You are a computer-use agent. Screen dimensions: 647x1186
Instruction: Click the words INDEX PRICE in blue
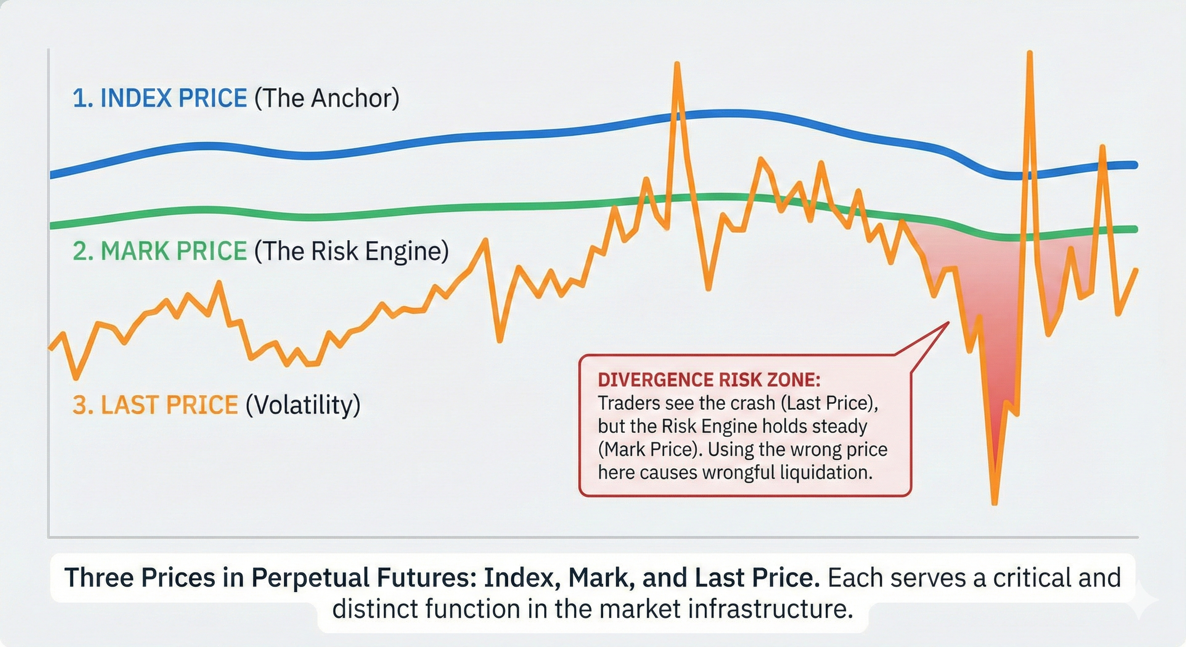coord(173,98)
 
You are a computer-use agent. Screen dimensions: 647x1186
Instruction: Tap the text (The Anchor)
coord(327,98)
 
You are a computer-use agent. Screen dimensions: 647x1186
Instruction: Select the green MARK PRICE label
coord(173,251)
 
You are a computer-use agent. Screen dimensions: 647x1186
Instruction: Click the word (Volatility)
coord(303,405)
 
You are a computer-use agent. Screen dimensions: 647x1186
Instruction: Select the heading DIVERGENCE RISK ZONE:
coord(709,380)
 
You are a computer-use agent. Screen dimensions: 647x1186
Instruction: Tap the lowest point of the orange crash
coord(994,503)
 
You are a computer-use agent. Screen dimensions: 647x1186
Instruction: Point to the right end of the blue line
coord(1135,165)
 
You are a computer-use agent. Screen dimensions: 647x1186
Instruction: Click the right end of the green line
coord(1135,229)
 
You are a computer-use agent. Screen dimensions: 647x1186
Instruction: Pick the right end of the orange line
coord(1136,270)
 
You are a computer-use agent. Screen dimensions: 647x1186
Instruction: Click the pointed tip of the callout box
coord(948,323)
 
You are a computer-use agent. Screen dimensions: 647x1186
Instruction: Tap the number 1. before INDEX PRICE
coord(83,99)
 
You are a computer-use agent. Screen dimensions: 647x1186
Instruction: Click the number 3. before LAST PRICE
coord(83,405)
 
